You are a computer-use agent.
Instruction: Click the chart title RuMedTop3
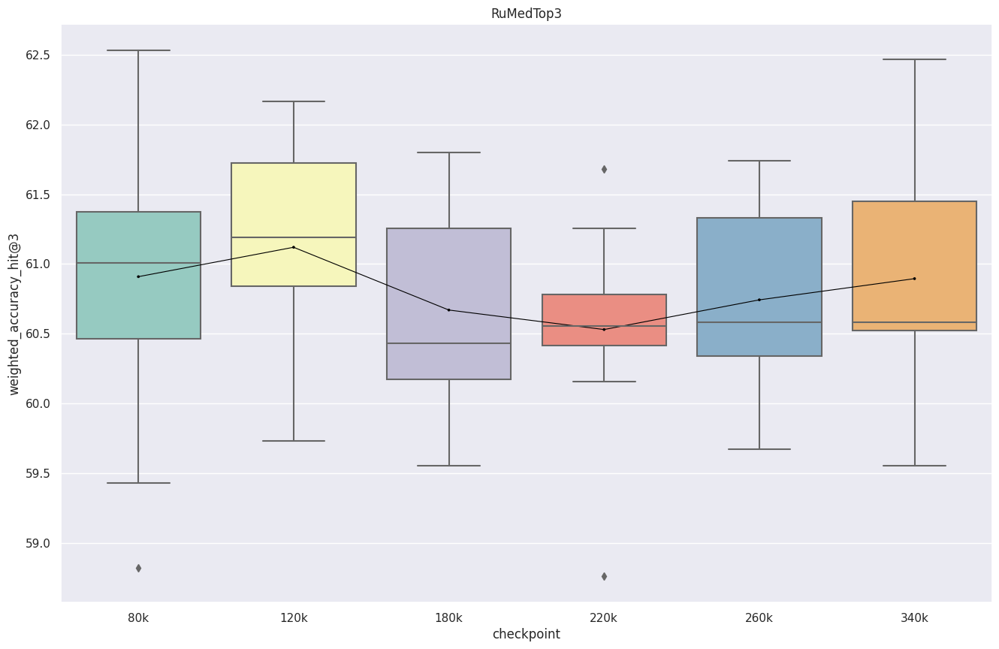coord(526,14)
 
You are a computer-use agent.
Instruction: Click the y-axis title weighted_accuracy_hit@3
coord(14,312)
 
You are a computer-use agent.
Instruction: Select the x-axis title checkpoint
coord(526,634)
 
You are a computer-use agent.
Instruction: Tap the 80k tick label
coord(138,617)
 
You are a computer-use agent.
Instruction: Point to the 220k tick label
coord(603,617)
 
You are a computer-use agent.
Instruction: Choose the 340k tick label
coord(914,617)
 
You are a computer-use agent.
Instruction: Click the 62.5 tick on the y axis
coord(41,56)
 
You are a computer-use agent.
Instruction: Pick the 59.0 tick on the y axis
coord(41,543)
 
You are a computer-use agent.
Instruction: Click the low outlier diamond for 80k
coord(138,568)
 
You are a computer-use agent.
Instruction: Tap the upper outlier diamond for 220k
coord(604,169)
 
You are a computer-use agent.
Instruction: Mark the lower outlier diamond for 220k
coord(604,576)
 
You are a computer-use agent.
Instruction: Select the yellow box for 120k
coord(294,203)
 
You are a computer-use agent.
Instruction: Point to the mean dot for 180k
coord(449,309)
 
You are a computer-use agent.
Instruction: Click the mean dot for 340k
coord(914,279)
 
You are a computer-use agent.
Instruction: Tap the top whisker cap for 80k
coord(138,50)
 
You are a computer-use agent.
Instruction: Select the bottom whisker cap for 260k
coord(759,449)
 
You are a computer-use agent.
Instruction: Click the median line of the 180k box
coord(449,343)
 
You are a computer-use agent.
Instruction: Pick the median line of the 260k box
coord(759,322)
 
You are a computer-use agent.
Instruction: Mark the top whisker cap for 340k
coord(914,59)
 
